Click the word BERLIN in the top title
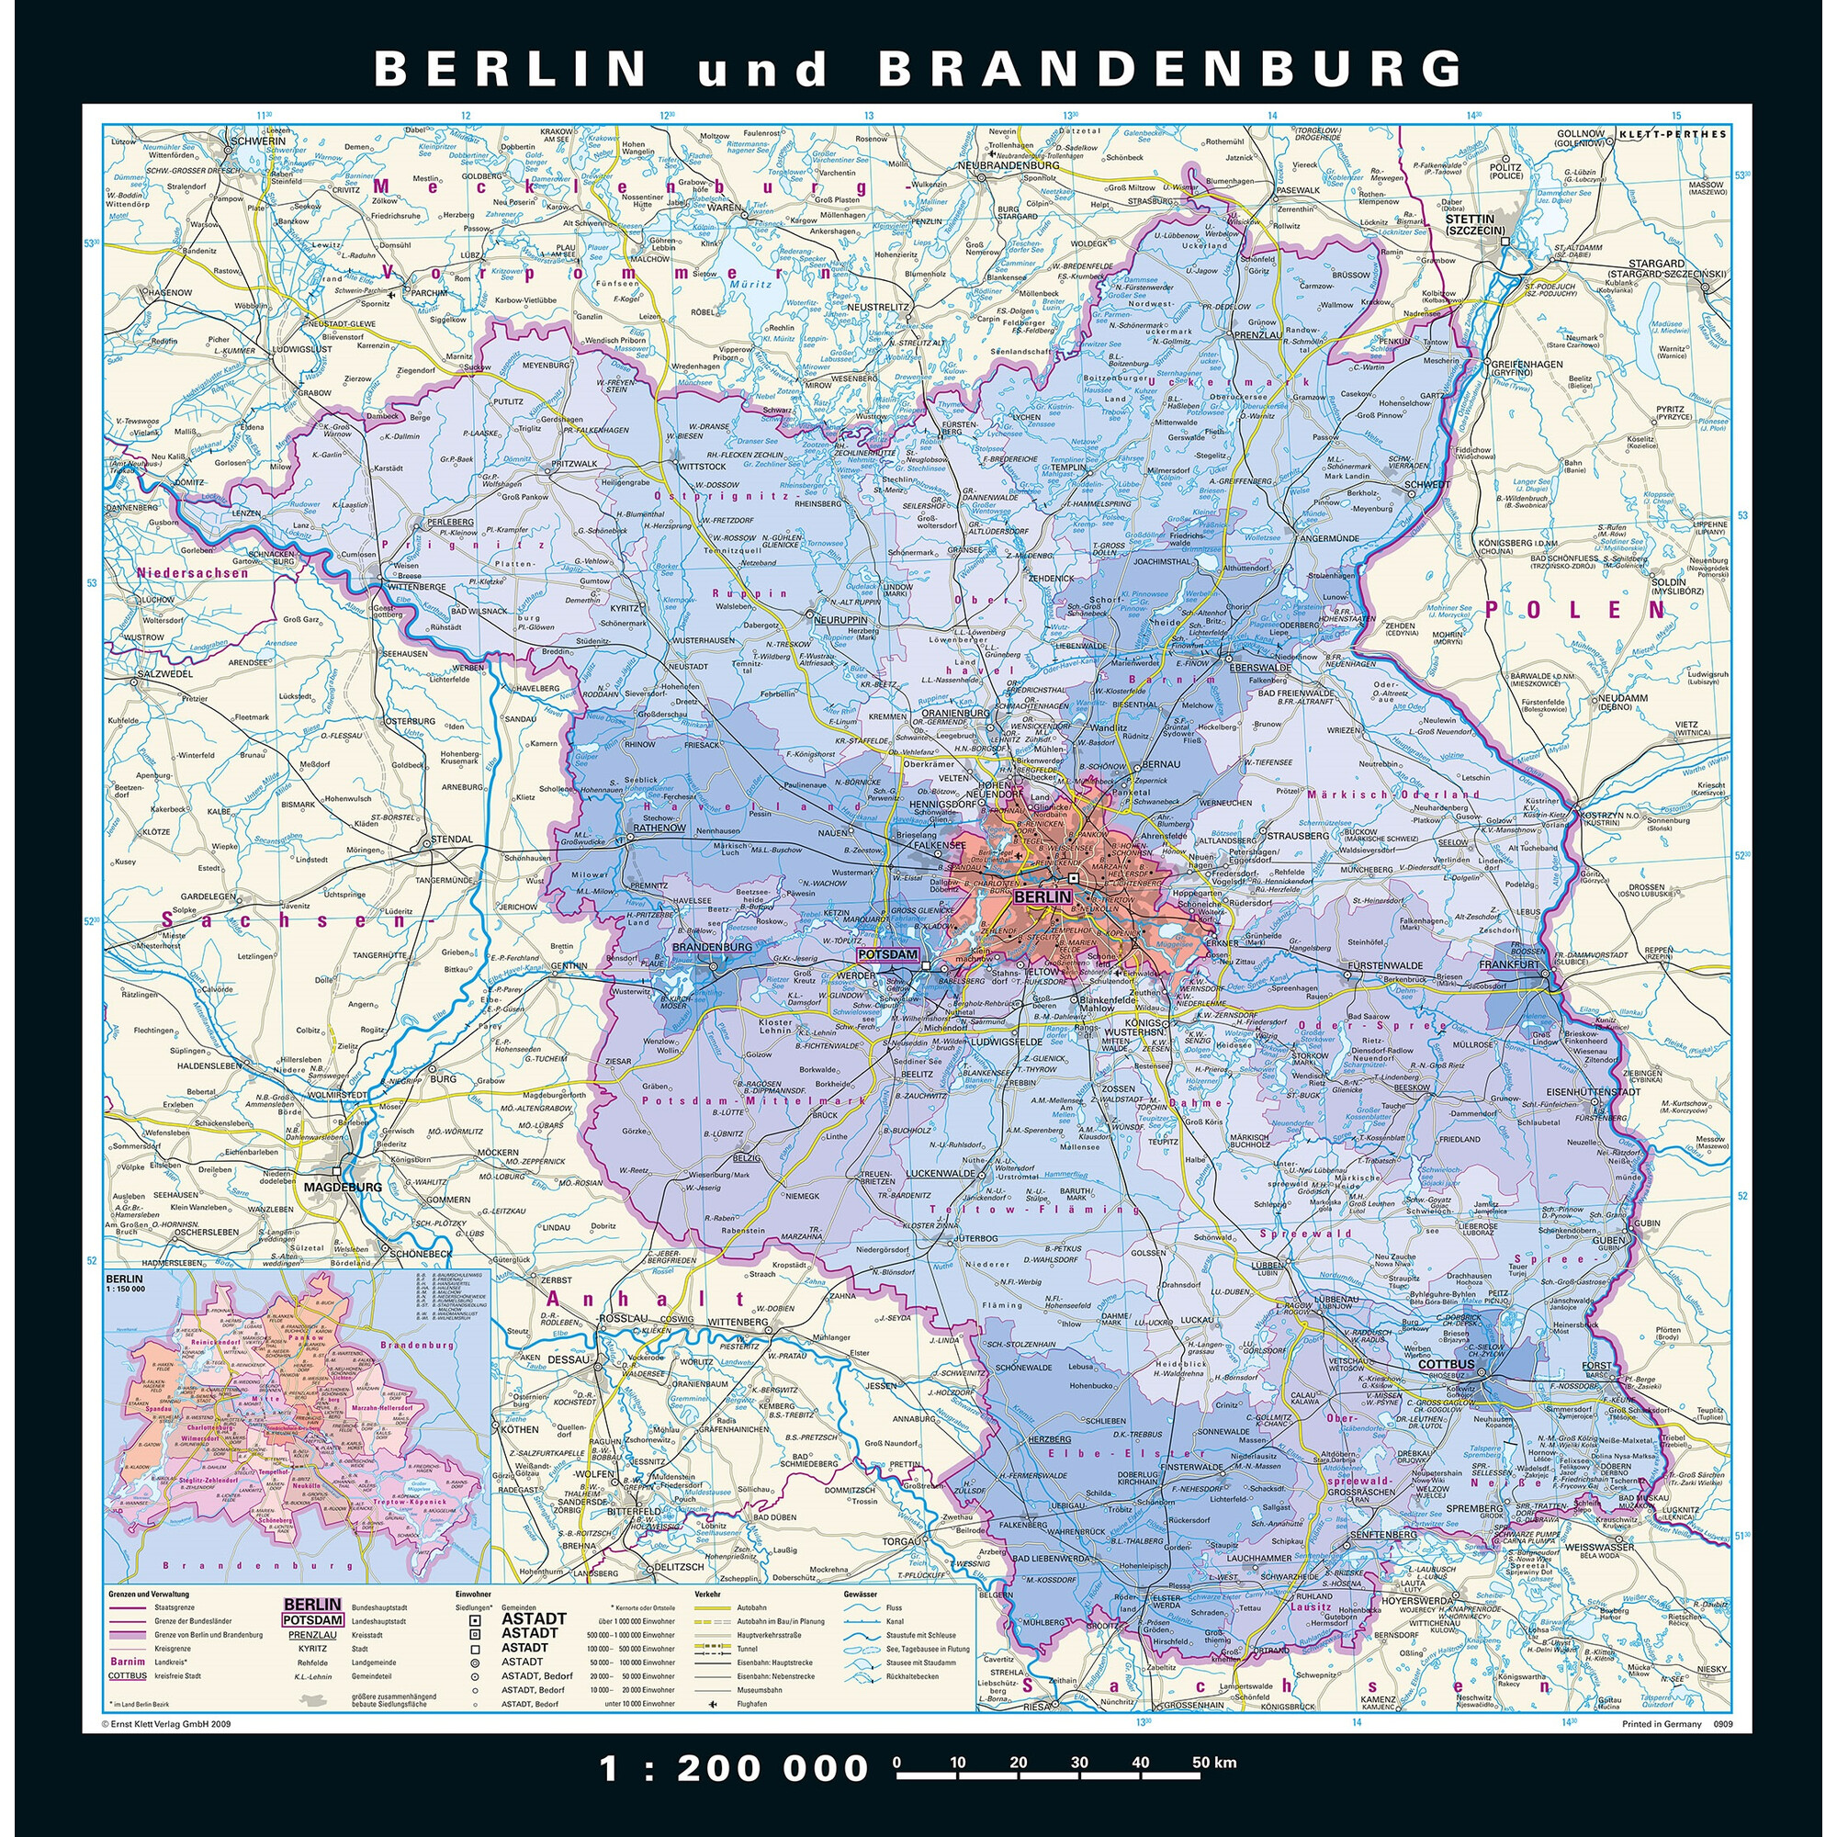(x=511, y=69)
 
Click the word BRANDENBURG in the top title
(x=1168, y=69)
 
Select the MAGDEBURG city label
(x=343, y=1188)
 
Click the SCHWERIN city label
(x=259, y=141)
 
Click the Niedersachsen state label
(x=192, y=573)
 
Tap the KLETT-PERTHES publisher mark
(x=1672, y=134)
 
